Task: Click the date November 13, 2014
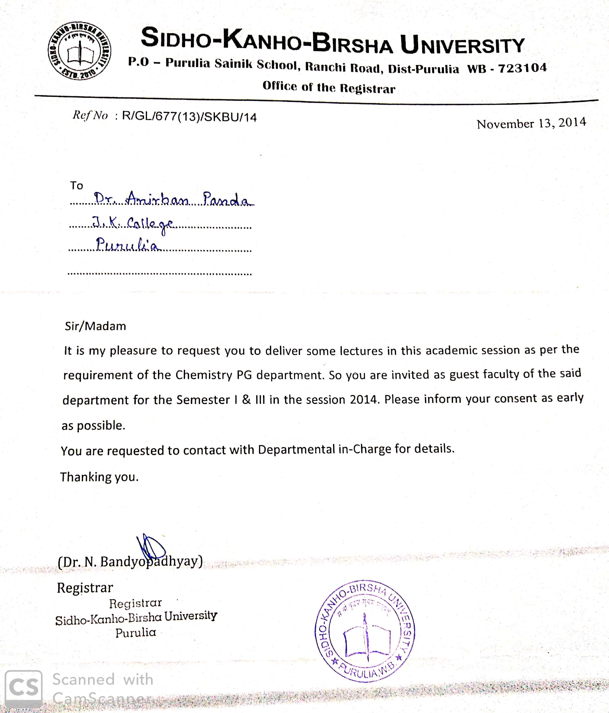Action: pos(531,123)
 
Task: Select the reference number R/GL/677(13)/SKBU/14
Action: pos(189,117)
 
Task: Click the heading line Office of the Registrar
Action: pos(329,87)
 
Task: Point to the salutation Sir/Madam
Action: pos(95,326)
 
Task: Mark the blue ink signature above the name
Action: pos(151,546)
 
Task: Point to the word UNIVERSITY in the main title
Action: pos(462,45)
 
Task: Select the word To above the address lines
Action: pos(77,185)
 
